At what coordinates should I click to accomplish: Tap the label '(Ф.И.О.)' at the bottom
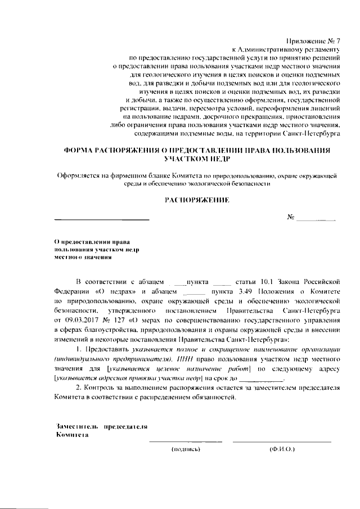click(282, 449)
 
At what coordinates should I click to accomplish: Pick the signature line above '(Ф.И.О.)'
click(282, 442)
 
